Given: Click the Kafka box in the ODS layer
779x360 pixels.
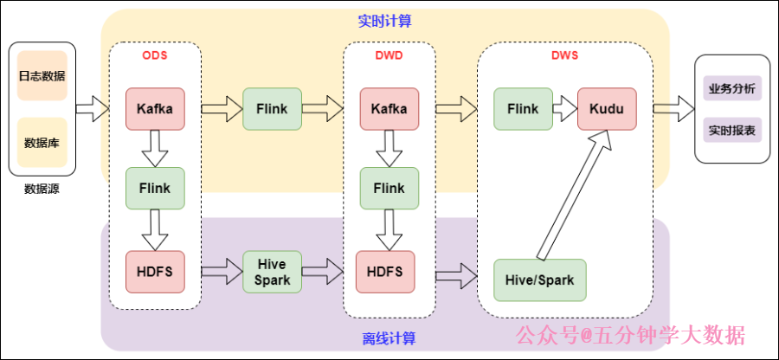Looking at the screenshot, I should point(155,109).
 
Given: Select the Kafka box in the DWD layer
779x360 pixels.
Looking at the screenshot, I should point(389,109).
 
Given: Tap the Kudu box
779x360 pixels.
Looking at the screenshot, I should point(607,109).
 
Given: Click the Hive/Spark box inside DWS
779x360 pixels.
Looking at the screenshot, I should point(539,280).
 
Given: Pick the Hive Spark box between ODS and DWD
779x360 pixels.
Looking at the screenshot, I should point(273,271).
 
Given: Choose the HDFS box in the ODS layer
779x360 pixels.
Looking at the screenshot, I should point(155,271).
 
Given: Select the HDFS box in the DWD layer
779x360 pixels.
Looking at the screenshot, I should point(384,271).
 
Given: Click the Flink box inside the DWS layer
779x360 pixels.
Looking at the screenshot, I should point(523,109).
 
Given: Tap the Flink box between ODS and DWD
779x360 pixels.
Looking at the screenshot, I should point(273,109).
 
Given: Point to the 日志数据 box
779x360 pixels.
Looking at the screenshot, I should point(42,74).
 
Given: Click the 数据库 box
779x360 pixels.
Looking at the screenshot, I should point(42,142).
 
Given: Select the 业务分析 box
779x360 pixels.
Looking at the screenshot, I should point(731,88).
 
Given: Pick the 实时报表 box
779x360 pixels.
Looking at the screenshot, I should point(731,131).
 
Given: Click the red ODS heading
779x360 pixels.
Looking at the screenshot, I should point(155,55).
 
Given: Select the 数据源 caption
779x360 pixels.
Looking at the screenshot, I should point(42,188).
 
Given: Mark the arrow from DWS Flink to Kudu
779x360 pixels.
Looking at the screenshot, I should point(565,109).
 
